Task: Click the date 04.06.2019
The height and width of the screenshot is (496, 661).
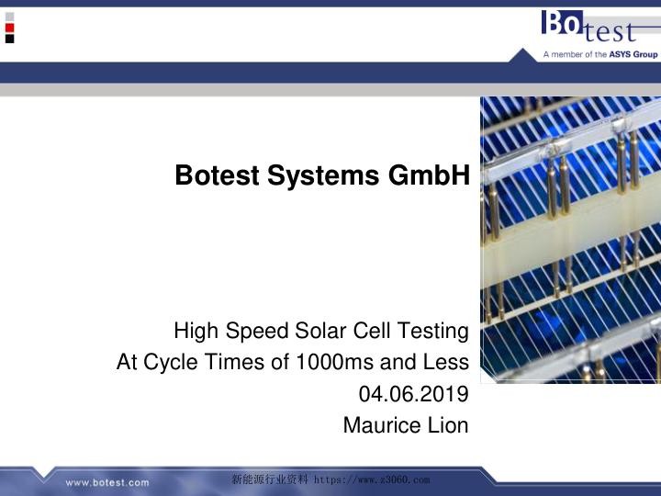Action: pos(414,394)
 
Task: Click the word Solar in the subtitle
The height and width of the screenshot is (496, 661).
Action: pos(321,331)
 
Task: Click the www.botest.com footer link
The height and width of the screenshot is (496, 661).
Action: pos(106,482)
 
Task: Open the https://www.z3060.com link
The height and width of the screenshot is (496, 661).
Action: pos(372,479)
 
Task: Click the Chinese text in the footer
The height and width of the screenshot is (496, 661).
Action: pos(271,479)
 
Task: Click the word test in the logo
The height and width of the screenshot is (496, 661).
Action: pos(609,32)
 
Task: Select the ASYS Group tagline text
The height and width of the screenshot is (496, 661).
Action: pos(600,54)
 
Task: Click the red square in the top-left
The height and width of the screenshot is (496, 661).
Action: pos(9,28)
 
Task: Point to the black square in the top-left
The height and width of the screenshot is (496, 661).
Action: pos(9,39)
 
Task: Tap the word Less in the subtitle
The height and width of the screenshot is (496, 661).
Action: pos(446,363)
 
